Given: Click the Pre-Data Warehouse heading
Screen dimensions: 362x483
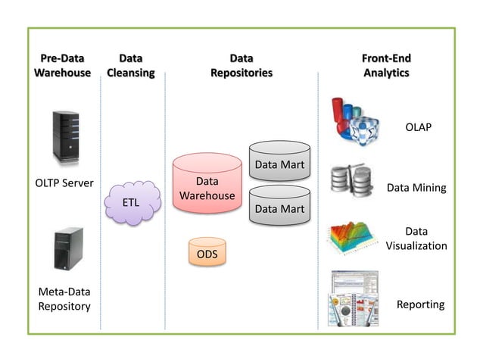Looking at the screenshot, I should click(62, 65).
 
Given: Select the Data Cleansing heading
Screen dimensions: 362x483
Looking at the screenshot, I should click(130, 65).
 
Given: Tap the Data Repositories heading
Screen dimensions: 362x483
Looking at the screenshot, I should click(241, 65).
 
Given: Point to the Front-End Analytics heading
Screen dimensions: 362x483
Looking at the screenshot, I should click(385, 65).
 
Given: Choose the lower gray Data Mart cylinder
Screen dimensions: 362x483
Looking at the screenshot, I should click(279, 204).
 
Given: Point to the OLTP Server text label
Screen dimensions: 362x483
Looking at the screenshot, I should click(64, 183).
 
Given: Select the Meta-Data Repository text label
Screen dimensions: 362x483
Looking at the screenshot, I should click(64, 299).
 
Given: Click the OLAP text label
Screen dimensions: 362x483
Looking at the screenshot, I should click(418, 127).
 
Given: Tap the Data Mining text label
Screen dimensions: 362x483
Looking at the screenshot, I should click(416, 188).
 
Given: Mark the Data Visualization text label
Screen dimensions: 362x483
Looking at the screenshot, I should click(416, 239).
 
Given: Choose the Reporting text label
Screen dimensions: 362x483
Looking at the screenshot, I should click(420, 304).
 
